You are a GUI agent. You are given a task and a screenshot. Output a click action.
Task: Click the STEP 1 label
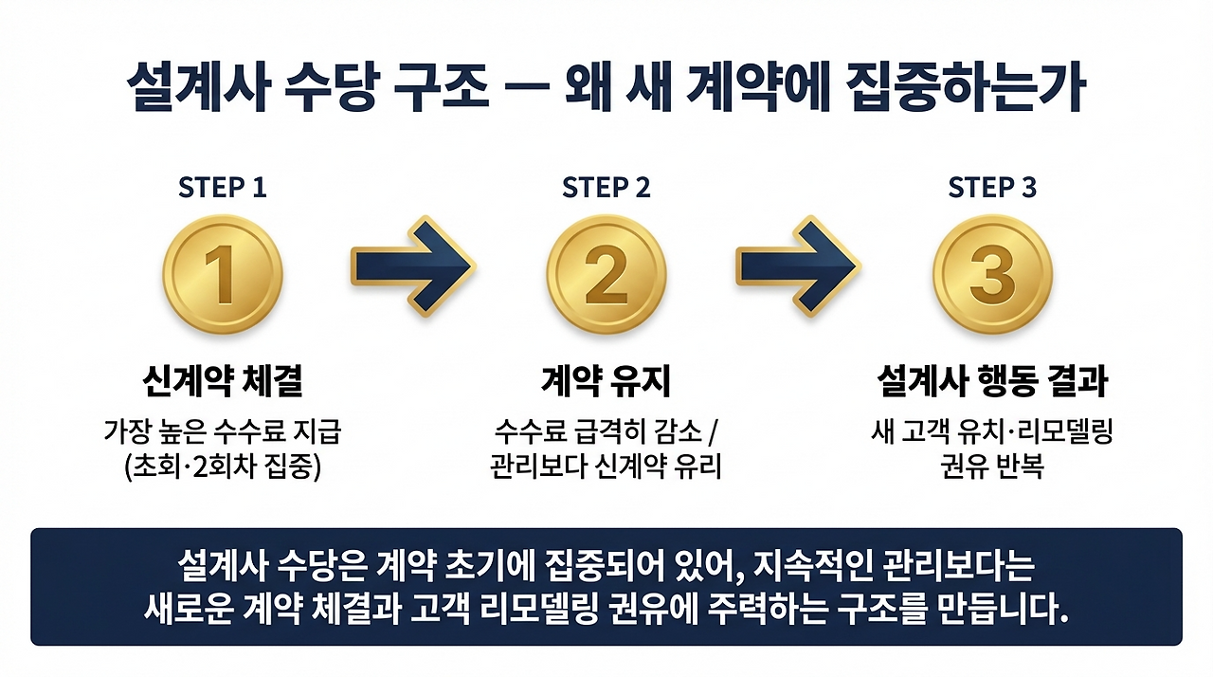[222, 188]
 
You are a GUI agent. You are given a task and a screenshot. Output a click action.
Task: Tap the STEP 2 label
[606, 188]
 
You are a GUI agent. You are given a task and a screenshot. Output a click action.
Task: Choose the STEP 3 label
[991, 188]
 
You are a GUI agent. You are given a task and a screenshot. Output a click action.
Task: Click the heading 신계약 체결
[222, 383]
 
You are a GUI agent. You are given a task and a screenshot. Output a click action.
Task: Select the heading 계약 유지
[606, 383]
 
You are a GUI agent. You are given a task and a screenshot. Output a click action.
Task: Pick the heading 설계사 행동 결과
[991, 383]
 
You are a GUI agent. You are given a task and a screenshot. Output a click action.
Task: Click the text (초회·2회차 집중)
[222, 467]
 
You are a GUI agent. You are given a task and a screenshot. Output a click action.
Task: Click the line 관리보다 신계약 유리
[606, 467]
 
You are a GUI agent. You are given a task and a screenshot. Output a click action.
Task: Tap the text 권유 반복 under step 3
[991, 467]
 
